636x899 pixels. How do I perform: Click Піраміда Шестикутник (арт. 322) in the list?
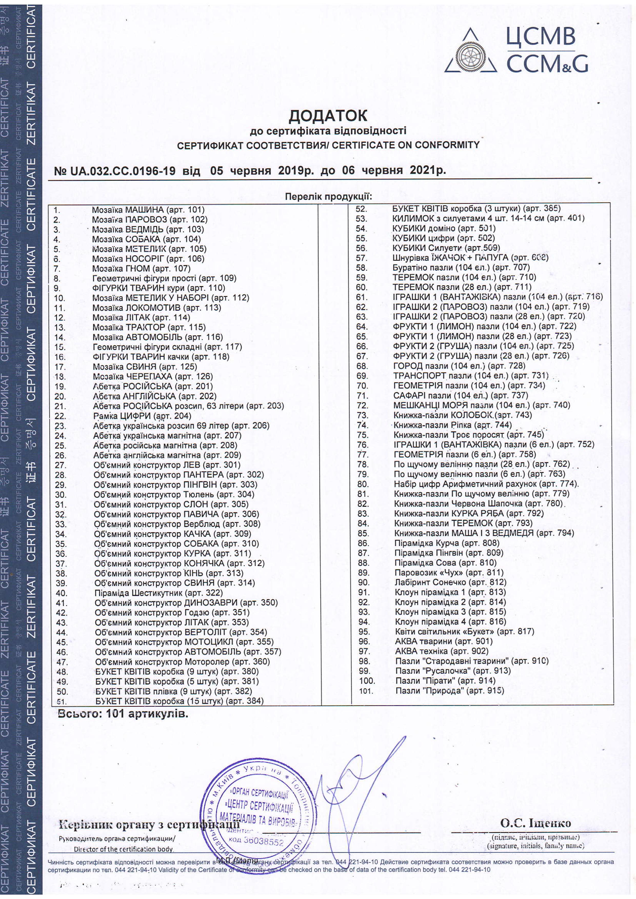[x=158, y=593]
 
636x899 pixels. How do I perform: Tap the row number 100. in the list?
[x=367, y=681]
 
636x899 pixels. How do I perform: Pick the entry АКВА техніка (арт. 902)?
[x=442, y=651]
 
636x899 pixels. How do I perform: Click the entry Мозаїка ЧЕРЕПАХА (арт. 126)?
[x=153, y=376]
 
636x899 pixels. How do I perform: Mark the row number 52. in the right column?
[x=361, y=209]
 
